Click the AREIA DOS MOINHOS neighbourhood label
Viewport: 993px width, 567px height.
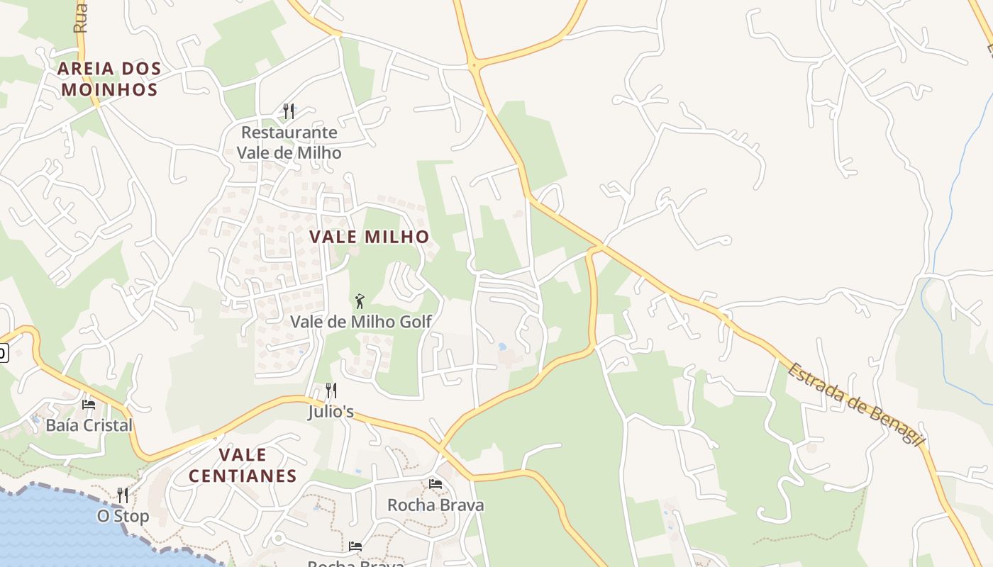(x=109, y=79)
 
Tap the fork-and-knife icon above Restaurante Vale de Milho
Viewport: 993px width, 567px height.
(x=289, y=111)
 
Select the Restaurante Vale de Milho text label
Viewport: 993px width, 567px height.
(x=289, y=142)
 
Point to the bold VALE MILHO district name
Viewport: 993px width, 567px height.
(x=370, y=237)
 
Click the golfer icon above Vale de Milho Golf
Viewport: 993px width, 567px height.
(x=360, y=301)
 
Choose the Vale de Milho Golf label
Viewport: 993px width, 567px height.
(x=361, y=322)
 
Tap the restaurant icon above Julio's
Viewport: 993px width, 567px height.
(x=331, y=390)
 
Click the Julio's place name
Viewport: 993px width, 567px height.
(x=331, y=412)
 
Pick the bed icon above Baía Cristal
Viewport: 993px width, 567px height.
(x=89, y=404)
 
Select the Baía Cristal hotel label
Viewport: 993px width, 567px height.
(x=89, y=425)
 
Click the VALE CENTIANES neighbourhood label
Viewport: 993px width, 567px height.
(x=243, y=465)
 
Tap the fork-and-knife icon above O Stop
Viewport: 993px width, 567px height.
(x=123, y=495)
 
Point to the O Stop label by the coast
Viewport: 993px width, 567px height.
(x=123, y=516)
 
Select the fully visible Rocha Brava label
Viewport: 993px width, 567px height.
(x=436, y=505)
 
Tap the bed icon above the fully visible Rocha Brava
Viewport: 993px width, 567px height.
(x=436, y=484)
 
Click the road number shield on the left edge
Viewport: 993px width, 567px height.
(x=3, y=352)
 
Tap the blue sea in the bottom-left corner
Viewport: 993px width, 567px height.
(x=43, y=532)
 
